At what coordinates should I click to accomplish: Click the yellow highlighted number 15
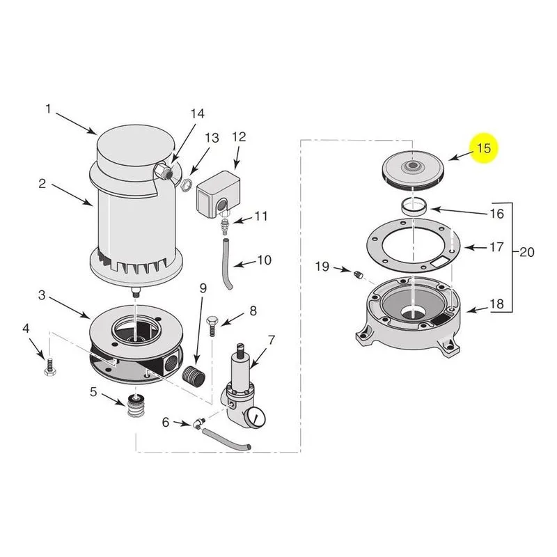click(x=484, y=148)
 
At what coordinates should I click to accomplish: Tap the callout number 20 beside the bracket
click(x=527, y=252)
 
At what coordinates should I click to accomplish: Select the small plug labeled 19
click(x=358, y=274)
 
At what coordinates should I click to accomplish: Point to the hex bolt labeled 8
click(x=211, y=325)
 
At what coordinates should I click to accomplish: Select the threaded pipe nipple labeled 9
click(x=194, y=376)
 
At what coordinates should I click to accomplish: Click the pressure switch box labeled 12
click(x=218, y=194)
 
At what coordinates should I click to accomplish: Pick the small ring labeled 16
click(x=414, y=206)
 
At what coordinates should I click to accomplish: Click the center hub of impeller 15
click(x=413, y=165)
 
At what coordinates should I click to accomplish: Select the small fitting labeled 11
click(x=224, y=226)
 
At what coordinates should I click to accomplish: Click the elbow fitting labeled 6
click(x=198, y=423)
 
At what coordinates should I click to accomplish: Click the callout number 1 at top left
click(x=48, y=109)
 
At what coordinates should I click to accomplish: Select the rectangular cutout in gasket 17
click(x=441, y=262)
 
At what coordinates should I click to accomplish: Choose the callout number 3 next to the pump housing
click(x=42, y=295)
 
